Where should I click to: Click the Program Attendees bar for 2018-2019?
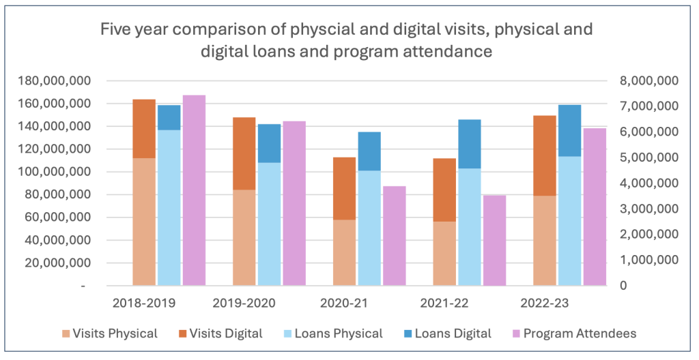(x=194, y=190)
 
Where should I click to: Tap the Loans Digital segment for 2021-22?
(x=470, y=144)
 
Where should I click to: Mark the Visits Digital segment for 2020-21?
(x=345, y=188)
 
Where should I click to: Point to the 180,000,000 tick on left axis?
(x=54, y=81)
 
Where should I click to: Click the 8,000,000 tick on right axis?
(x=648, y=81)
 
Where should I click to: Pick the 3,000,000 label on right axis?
(x=648, y=209)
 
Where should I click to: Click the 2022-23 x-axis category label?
(x=543, y=303)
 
